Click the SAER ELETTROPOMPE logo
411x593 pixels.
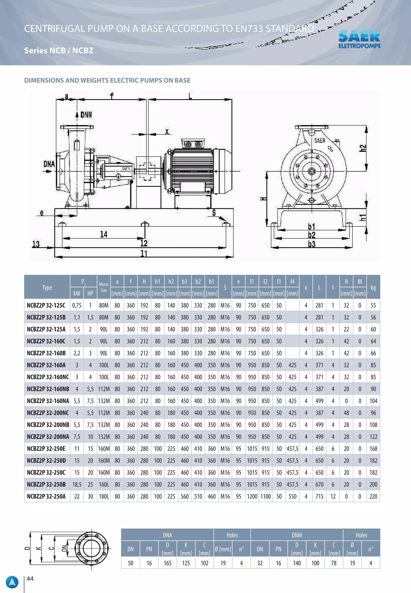click(359, 39)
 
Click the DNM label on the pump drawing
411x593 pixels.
click(86, 115)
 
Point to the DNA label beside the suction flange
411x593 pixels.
click(49, 164)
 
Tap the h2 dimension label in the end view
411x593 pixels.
click(363, 148)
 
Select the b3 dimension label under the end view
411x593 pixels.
click(312, 244)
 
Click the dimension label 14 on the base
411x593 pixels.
click(104, 234)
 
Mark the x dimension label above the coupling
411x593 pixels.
click(167, 132)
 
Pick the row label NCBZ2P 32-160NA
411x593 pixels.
click(48, 401)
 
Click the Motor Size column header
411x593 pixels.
click(104, 287)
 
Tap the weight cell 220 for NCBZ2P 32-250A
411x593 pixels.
click(373, 496)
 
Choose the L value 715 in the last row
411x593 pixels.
click(319, 496)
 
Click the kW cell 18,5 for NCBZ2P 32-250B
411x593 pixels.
click(77, 485)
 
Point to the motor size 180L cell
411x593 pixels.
click(104, 496)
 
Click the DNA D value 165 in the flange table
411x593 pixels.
click(167, 563)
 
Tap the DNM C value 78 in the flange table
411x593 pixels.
click(334, 563)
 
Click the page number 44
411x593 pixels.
click(30, 579)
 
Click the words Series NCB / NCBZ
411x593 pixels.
click(59, 50)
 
